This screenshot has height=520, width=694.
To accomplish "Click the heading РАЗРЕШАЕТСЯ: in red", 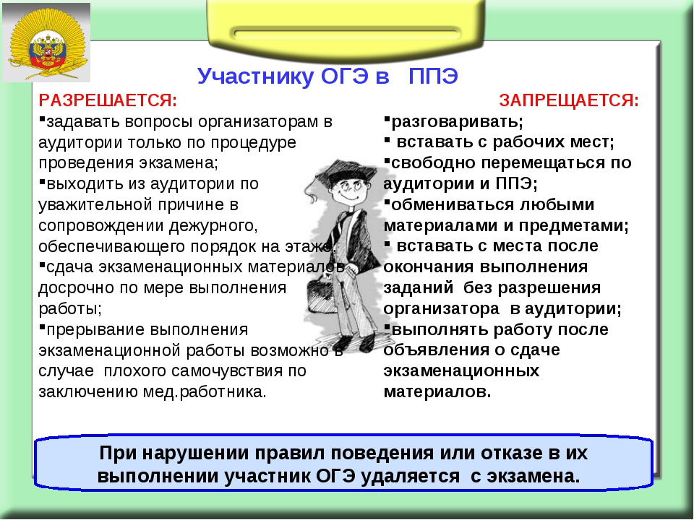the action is point(108,100).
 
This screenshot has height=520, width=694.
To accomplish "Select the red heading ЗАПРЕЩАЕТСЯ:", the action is point(569,100).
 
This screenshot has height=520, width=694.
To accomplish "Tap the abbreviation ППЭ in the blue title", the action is point(433,76).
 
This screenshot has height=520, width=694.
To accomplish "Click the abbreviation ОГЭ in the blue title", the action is point(344,76).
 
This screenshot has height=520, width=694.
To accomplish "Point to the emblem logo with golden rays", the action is point(46,43).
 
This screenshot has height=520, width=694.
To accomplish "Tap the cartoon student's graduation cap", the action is point(348,172).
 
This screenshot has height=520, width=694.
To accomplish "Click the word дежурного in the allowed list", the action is point(213,225).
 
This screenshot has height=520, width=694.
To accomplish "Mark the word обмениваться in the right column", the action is point(453,204).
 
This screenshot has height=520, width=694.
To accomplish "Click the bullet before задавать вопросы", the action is point(42,118).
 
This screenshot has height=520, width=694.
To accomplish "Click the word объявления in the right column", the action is point(437,350).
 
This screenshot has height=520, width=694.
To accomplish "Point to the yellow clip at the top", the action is point(346,27).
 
